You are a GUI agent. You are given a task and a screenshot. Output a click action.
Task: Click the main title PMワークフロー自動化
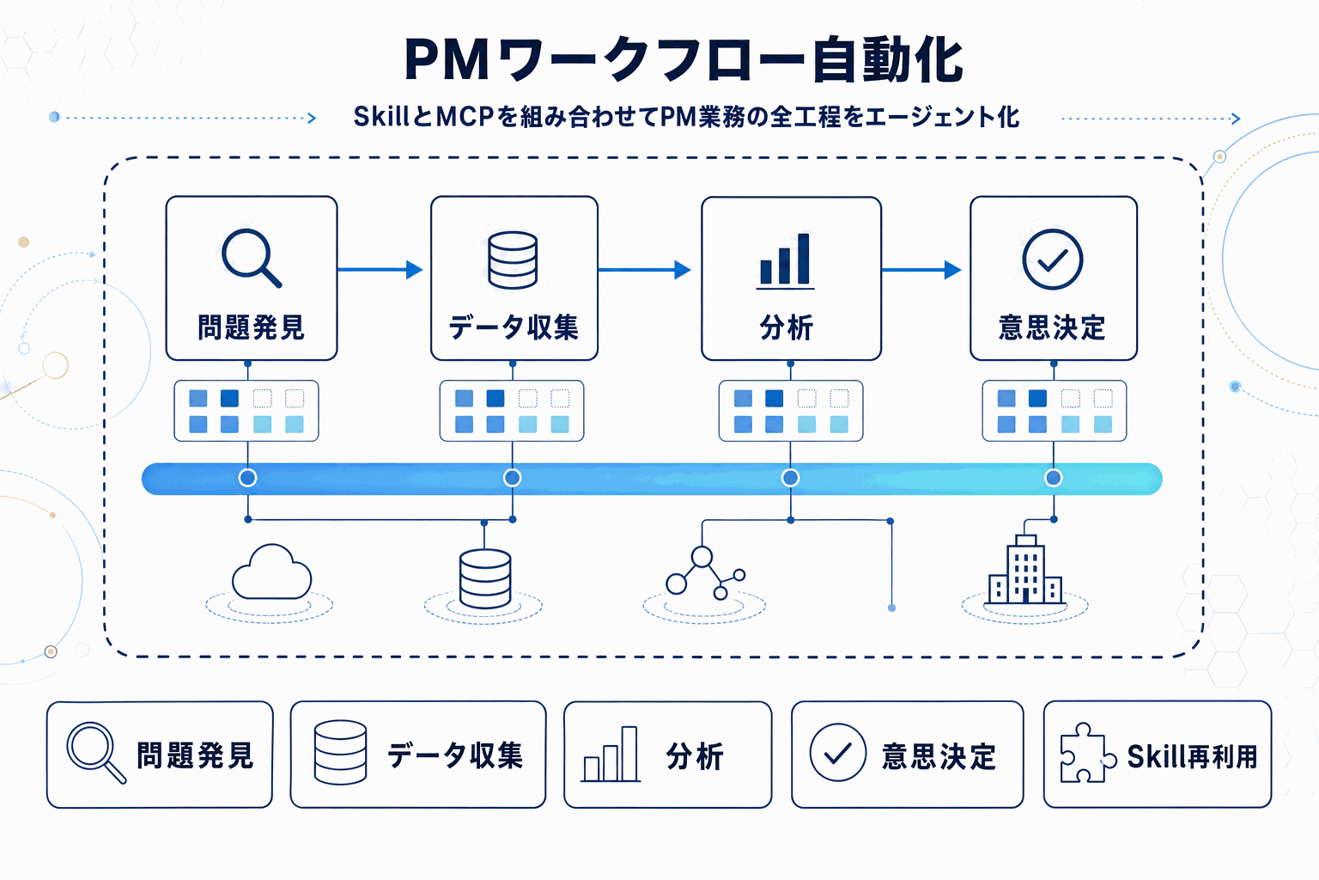click(x=684, y=60)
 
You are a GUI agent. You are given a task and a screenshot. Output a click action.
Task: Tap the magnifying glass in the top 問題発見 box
click(x=250, y=257)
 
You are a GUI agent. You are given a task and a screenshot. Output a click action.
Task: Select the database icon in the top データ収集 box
click(x=513, y=260)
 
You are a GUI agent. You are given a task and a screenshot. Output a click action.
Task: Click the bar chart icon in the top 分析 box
click(x=785, y=260)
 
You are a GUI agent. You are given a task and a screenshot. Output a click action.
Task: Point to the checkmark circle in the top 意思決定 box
click(x=1052, y=260)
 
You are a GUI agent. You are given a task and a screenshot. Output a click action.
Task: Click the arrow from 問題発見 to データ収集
click(x=380, y=270)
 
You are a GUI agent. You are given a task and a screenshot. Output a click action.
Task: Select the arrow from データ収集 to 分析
click(x=645, y=270)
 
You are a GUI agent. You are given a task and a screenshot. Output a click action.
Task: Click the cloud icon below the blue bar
click(x=271, y=572)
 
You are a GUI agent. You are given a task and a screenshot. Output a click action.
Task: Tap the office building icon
click(x=1025, y=571)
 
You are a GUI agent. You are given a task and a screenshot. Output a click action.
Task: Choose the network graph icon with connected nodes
click(x=703, y=573)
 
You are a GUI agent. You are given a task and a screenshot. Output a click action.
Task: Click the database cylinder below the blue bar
click(x=485, y=578)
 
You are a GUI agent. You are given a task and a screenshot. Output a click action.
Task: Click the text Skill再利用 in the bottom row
click(x=1192, y=756)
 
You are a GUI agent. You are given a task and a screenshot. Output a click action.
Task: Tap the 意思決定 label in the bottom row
click(x=939, y=756)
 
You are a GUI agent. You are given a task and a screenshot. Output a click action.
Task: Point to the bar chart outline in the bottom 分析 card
click(x=611, y=755)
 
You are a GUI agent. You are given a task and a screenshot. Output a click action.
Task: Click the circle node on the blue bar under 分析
click(x=790, y=478)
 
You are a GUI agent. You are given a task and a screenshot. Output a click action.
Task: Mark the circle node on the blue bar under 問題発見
click(x=247, y=478)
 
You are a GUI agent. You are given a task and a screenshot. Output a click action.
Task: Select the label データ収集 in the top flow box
click(x=514, y=327)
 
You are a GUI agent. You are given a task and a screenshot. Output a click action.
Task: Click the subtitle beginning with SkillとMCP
click(x=686, y=117)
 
